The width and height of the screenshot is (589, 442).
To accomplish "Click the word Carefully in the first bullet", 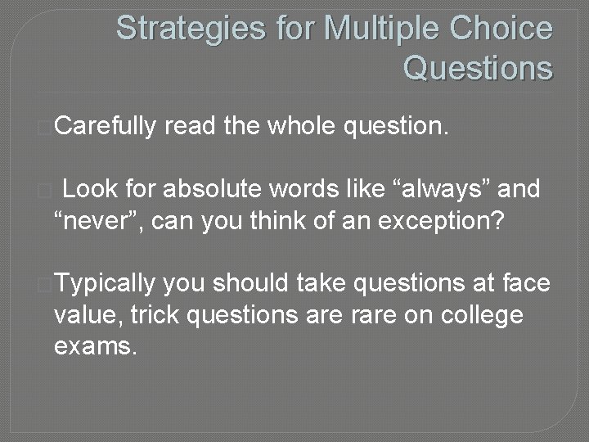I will (106, 125).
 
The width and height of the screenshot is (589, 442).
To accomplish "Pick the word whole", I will (302, 125).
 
